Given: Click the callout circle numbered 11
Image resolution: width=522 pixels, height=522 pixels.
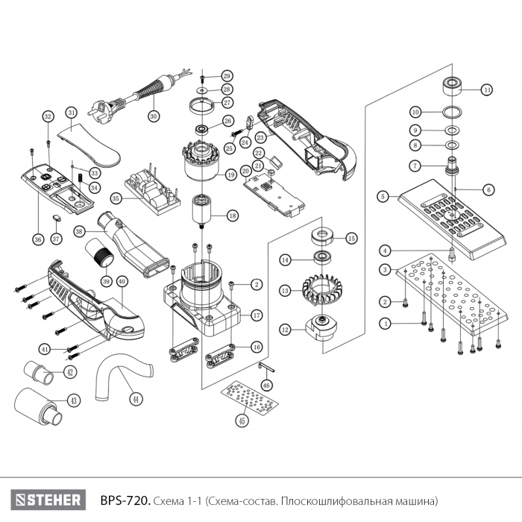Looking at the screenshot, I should click(487, 89).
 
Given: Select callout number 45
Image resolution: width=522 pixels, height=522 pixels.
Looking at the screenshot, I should click(241, 421).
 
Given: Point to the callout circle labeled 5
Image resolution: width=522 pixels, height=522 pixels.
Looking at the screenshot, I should click(383, 197).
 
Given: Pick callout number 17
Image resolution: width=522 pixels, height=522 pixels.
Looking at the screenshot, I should click(256, 315).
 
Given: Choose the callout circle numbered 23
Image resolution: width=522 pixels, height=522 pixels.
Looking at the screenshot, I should click(260, 137).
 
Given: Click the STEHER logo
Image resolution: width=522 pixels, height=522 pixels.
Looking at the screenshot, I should click(45, 498).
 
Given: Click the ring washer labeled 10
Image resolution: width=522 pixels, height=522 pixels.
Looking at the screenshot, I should click(450, 112).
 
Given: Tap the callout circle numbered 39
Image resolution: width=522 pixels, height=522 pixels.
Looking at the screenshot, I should click(105, 281).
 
